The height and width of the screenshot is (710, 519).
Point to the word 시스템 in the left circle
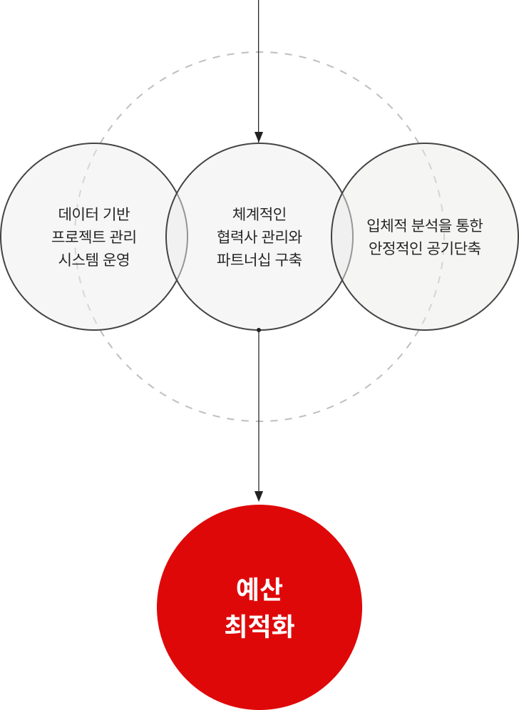(x=77, y=259)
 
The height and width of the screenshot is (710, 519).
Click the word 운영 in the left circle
(x=116, y=259)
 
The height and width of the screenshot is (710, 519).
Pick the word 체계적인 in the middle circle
(x=259, y=213)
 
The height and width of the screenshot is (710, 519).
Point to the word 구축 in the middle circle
(x=288, y=259)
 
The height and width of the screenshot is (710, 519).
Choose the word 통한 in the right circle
(x=470, y=225)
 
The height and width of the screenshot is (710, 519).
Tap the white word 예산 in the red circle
(x=259, y=590)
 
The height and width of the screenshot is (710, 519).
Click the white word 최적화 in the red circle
(x=259, y=627)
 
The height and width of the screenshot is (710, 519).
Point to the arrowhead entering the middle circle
(x=259, y=137)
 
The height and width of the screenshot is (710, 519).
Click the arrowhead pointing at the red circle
(x=259, y=495)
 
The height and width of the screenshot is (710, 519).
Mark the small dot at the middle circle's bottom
(x=259, y=329)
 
